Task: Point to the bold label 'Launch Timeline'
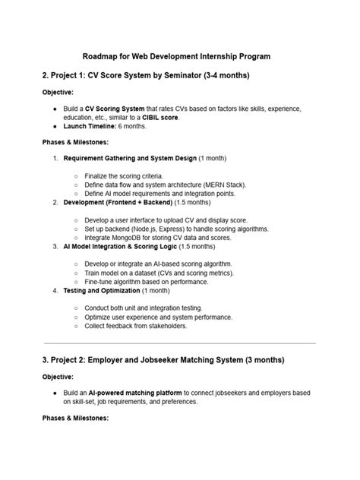[x=91, y=126]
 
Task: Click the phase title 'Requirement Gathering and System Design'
[x=130, y=158]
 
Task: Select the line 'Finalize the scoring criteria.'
[x=124, y=176]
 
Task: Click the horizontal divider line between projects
[x=179, y=343]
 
